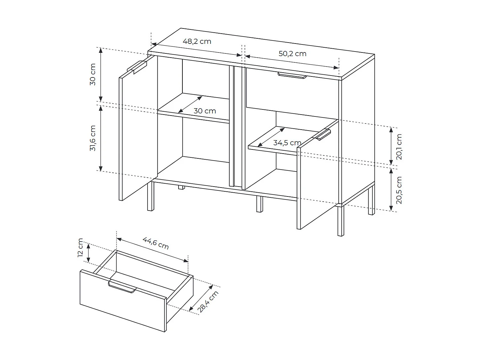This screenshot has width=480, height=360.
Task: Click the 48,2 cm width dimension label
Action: [x=197, y=41]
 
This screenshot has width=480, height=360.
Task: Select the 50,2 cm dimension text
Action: [x=292, y=53]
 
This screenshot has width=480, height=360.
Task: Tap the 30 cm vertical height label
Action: [x=93, y=74]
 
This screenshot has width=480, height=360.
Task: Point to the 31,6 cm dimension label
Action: [x=93, y=138]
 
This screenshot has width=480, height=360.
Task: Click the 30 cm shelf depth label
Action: [x=205, y=111]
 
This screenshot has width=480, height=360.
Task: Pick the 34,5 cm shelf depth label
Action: [x=287, y=143]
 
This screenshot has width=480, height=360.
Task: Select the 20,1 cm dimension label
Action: [x=399, y=147]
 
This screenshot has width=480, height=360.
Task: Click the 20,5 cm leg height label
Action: [x=399, y=190]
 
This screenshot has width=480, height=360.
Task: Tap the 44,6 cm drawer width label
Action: [x=156, y=243]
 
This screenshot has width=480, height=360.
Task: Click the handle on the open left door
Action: [x=137, y=67]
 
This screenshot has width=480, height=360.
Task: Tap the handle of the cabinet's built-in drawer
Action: [x=292, y=75]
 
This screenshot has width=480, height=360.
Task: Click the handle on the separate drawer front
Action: [x=122, y=287]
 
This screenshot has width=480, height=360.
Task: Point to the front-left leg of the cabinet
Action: [x=150, y=196]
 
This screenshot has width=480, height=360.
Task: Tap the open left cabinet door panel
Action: [x=138, y=134]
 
